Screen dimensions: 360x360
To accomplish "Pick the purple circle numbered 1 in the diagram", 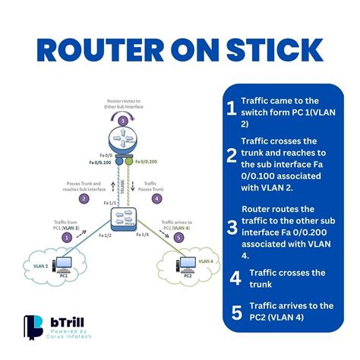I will click(x=67, y=237).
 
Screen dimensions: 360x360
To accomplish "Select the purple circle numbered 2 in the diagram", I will click(x=84, y=199).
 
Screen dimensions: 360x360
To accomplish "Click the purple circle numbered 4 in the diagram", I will click(x=158, y=199).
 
